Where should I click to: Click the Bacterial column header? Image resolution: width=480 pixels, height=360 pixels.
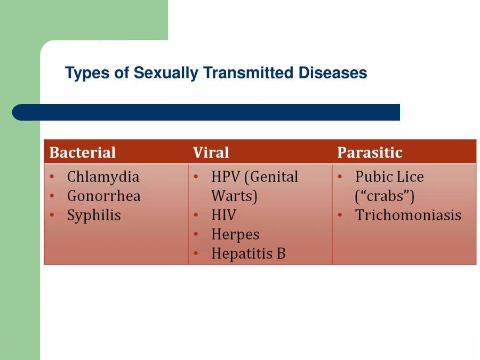tap(82, 153)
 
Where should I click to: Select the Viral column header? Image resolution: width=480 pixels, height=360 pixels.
tap(211, 153)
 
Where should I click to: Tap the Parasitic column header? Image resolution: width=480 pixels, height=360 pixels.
tap(370, 153)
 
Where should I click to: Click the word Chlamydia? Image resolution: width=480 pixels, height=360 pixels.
tap(103, 177)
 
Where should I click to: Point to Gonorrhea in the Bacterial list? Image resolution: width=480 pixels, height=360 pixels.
tap(104, 196)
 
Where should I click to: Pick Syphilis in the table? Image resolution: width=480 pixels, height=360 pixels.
tap(94, 215)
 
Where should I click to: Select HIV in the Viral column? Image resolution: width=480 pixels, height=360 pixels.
tap(224, 215)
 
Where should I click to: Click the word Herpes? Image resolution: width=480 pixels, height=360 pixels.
tap(235, 235)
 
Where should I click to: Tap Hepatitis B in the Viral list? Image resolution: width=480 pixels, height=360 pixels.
tap(248, 254)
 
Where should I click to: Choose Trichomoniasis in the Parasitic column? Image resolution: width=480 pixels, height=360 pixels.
tap(408, 215)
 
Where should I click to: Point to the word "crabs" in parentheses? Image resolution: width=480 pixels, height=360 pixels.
tap(385, 196)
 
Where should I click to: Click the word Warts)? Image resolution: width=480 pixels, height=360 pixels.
tap(234, 196)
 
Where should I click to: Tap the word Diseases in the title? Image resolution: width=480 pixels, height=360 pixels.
tap(333, 73)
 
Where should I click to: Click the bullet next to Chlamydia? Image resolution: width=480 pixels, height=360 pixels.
tap(52, 177)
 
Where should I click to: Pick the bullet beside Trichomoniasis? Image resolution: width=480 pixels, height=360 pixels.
tap(340, 215)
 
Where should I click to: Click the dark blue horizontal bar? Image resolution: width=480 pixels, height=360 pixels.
tap(206, 113)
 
